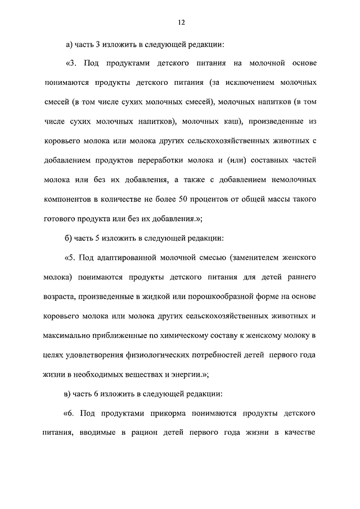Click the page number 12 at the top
tap(180, 22)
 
